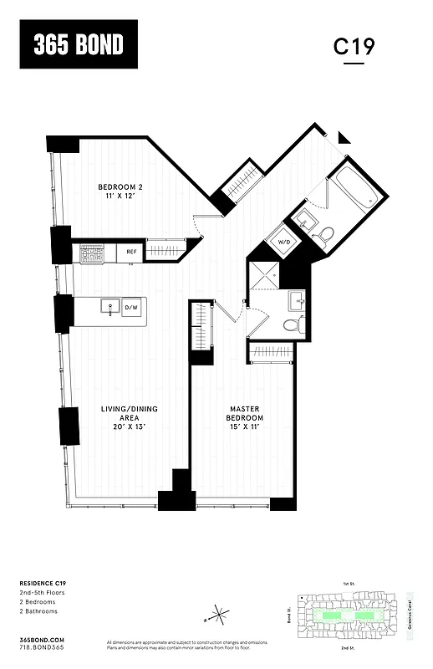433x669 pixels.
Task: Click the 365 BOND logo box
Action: [79, 44]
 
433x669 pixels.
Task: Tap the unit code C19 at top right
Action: [354, 47]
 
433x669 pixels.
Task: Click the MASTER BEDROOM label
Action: [247, 413]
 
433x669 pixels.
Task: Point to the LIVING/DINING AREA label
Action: [129, 413]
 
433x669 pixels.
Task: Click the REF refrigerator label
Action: [131, 251]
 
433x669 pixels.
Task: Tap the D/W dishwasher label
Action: [131, 309]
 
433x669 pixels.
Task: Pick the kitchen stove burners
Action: [92, 252]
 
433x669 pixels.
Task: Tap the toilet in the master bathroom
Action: [291, 325]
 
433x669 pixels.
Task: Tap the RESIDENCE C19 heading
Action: [43, 582]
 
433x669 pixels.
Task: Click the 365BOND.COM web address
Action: [41, 639]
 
